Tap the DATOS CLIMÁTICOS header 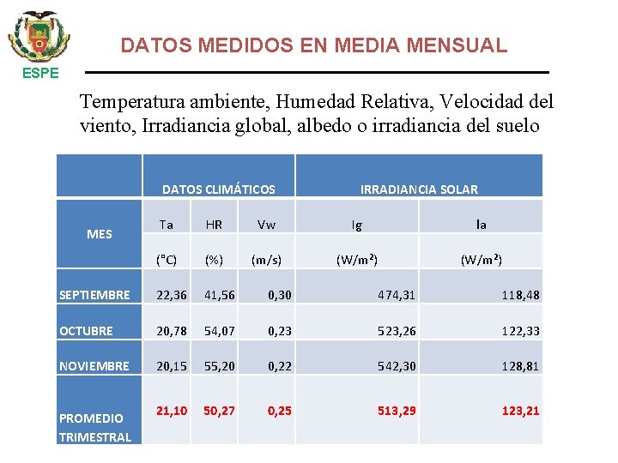coord(219,189)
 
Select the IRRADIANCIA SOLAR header coord(419,189)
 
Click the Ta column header coord(167,225)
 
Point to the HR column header coord(214,225)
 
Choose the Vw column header coord(267,225)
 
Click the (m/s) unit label coord(266,260)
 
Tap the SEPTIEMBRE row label coord(94,295)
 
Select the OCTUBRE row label coord(86,331)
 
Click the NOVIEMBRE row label coord(94,366)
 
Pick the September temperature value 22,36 coord(172,295)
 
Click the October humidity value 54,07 coord(219,331)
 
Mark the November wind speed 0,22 coord(280,366)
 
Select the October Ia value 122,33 coord(521,331)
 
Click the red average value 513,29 coord(397,411)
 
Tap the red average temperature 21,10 coord(172,411)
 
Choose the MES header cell coord(100,234)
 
